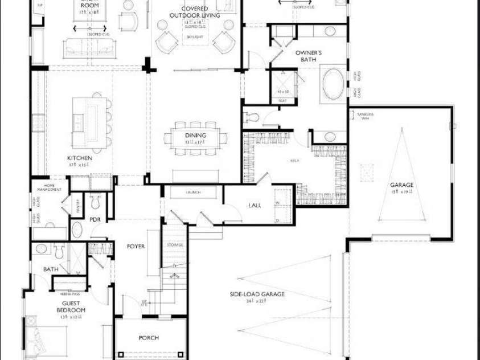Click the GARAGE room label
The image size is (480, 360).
click(x=401, y=185)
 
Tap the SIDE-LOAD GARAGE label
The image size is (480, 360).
click(x=257, y=294)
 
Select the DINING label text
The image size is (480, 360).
click(x=195, y=136)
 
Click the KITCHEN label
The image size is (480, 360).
click(x=80, y=158)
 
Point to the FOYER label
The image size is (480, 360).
click(x=136, y=247)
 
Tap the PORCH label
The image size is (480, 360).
click(x=149, y=338)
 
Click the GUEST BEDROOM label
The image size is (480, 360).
click(x=71, y=306)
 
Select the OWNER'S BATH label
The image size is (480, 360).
click(x=309, y=56)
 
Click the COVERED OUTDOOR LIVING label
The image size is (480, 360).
click(x=194, y=12)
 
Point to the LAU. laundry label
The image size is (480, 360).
click(x=255, y=205)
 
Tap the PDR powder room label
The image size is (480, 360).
click(x=95, y=219)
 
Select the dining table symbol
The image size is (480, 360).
click(x=195, y=140)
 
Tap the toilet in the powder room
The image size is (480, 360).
click(x=96, y=200)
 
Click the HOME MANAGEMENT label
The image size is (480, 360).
click(x=49, y=188)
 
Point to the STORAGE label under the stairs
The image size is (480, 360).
click(x=175, y=245)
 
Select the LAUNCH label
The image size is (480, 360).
click(x=193, y=193)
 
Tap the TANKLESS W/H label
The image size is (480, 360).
click(x=365, y=116)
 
